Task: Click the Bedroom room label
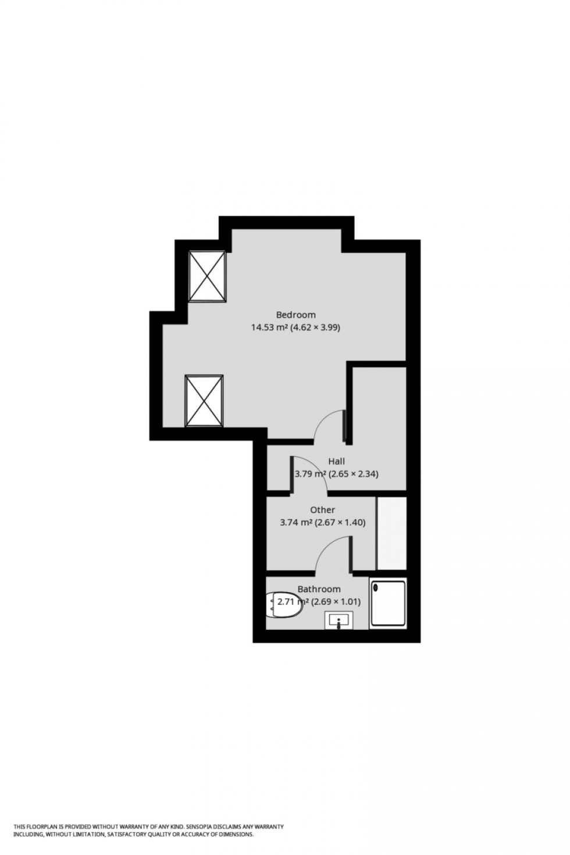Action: (x=295, y=315)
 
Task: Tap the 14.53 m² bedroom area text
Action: (x=270, y=327)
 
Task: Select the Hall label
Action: (x=336, y=461)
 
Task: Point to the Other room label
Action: (x=322, y=510)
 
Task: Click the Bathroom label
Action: (x=319, y=589)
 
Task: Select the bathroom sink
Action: (x=339, y=621)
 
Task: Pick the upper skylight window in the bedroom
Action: (x=206, y=276)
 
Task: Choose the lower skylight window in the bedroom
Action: (x=204, y=401)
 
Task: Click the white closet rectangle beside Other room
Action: (x=391, y=533)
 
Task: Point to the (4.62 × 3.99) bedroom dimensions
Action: (x=316, y=327)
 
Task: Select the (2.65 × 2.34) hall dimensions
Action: (x=354, y=474)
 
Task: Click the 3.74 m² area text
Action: (x=296, y=522)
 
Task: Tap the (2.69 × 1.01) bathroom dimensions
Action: (x=336, y=602)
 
